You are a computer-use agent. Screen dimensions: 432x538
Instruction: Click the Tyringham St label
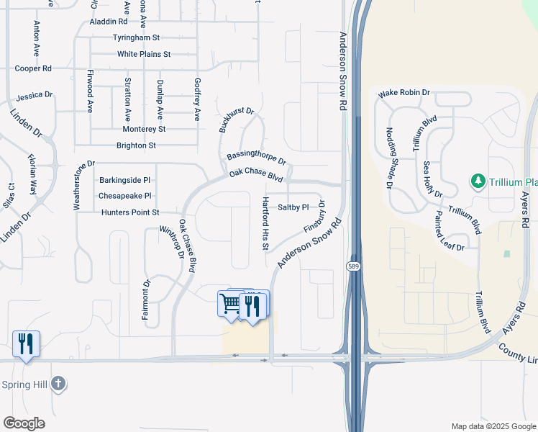coord(136,37)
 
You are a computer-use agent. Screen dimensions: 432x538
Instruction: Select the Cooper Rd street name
coord(33,68)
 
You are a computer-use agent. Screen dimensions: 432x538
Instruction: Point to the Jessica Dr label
coord(35,95)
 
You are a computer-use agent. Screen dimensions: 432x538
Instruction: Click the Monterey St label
coord(144,129)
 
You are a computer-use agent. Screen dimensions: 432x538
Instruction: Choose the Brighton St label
coord(136,145)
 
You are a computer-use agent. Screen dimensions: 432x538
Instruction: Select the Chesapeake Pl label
coord(124,196)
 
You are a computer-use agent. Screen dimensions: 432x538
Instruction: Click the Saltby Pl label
coord(293,207)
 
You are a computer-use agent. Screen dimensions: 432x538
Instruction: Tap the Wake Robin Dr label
coord(403,93)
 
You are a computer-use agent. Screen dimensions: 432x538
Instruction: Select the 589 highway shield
coord(352,266)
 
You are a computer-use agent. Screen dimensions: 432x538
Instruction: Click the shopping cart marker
coord(229,303)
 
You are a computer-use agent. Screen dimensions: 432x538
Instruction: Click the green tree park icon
coord(477,181)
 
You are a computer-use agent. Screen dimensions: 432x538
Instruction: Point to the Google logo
coord(24,423)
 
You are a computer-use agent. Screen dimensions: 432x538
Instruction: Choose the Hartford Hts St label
coord(265,223)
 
